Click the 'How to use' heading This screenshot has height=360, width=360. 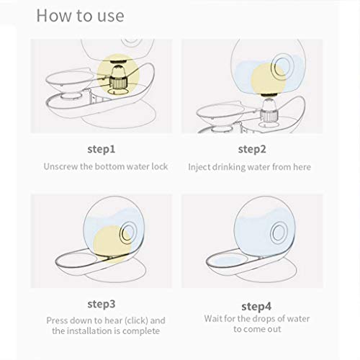[x=80, y=16]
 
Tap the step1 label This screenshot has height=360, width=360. [x=102, y=149]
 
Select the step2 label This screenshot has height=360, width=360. [x=252, y=149]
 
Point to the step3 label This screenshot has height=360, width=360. [x=102, y=304]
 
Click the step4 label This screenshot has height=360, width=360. [x=256, y=307]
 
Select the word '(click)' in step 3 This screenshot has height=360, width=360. [x=137, y=320]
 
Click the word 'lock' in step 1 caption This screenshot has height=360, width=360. [x=160, y=166]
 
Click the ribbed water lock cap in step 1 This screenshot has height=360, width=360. [x=117, y=82]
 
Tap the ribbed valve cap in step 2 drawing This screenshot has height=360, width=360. [x=269, y=116]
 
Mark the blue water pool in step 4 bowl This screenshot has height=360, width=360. [x=228, y=261]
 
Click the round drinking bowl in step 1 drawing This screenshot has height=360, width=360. [x=70, y=80]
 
